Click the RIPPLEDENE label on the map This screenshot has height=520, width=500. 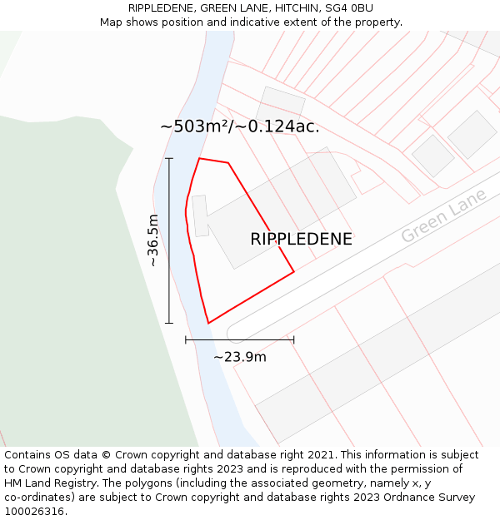(301, 239)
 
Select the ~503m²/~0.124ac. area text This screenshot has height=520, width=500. (240, 126)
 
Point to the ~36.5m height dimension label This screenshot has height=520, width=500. (152, 240)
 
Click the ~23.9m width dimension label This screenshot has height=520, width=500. (240, 357)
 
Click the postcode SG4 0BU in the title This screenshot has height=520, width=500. (351, 8)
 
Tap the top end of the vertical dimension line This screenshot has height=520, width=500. (169, 158)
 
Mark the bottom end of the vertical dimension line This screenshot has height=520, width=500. (169, 323)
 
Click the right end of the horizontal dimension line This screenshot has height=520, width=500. (294, 339)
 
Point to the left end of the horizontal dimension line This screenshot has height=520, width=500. (186, 339)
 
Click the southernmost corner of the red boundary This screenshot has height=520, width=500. (207, 323)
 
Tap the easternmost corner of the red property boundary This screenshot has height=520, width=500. (294, 271)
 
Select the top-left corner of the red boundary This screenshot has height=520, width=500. (199, 158)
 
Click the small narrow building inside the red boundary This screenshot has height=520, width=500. (200, 215)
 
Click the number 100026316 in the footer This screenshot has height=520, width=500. (33, 512)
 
